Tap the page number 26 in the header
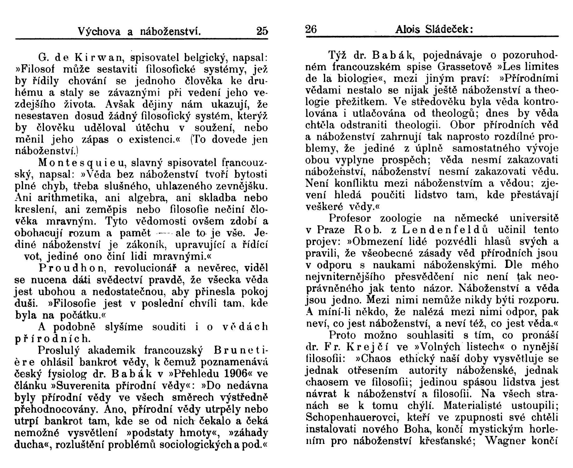pos(311,29)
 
